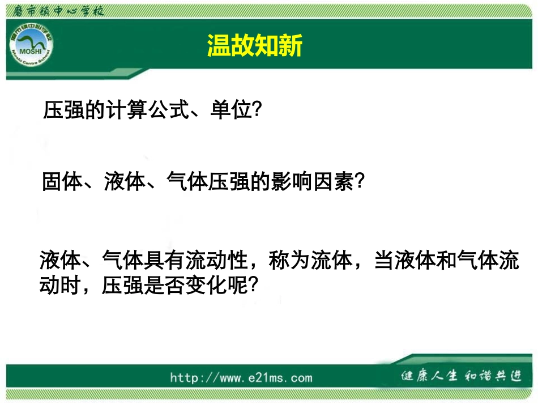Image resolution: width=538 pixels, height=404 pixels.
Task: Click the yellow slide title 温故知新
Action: [x=255, y=45]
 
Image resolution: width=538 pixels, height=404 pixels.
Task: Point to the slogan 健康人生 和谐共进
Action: [x=460, y=376]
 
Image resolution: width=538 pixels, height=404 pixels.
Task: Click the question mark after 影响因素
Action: [x=358, y=182]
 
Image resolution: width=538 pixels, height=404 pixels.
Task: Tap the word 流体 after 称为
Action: [x=332, y=261]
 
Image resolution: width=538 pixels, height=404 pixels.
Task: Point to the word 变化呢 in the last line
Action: [x=217, y=285]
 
